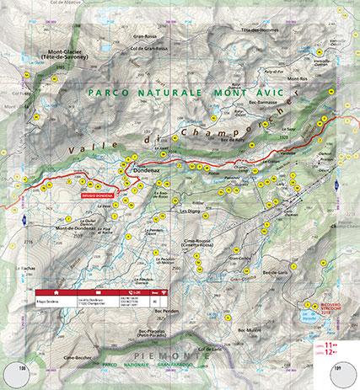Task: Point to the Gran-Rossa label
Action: coord(146,35)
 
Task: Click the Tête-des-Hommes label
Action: coord(258,30)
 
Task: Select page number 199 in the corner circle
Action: coord(338,369)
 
